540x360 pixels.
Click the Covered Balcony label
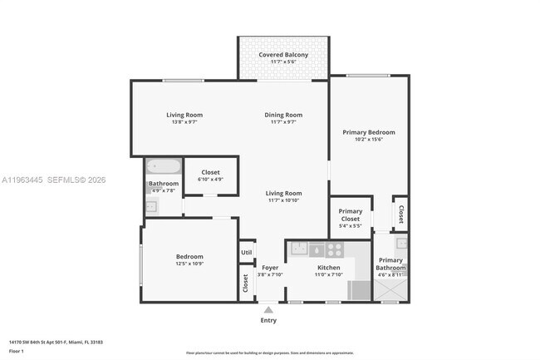point(283,55)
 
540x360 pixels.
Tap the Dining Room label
point(283,115)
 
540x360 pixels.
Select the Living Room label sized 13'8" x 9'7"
point(184,115)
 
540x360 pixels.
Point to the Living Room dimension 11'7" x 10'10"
point(283,200)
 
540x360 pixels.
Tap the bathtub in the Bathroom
point(162,166)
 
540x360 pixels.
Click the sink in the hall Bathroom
point(150,208)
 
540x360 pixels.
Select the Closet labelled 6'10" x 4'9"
point(210,172)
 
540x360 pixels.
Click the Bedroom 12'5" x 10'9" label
point(189,257)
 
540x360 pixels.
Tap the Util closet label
point(246,253)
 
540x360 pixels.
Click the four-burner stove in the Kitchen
point(335,248)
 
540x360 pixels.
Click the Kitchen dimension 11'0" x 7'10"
point(329,274)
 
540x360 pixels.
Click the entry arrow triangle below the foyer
point(268,309)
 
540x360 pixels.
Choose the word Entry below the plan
point(268,320)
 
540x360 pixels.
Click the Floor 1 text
point(17,352)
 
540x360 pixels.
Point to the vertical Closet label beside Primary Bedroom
point(400,214)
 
